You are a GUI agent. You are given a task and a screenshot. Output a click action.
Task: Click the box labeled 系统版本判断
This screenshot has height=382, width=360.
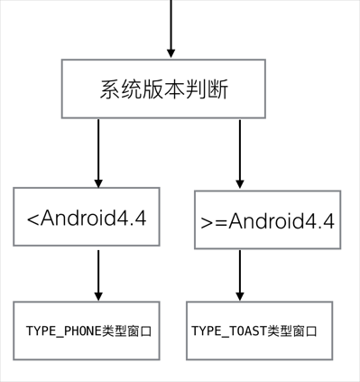163,89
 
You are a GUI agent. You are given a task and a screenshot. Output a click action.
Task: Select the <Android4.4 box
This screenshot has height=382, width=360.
87,218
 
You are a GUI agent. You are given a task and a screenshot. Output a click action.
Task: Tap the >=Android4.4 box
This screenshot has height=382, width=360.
267,220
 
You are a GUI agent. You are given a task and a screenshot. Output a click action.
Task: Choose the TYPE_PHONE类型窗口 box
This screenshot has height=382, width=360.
87,331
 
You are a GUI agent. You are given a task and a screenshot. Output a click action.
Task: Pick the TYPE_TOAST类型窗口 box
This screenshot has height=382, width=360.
260,331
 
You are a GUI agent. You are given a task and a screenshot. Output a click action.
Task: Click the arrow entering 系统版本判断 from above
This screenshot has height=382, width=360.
170,32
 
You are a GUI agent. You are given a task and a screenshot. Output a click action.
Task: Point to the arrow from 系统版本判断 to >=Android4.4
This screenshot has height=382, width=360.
240,154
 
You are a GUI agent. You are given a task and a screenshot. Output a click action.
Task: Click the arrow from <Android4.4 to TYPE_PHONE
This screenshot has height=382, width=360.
98,275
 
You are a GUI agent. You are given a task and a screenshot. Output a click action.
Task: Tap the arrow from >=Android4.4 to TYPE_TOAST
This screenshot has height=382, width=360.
240,275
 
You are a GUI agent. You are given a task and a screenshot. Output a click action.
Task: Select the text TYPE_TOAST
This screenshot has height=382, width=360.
228,331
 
